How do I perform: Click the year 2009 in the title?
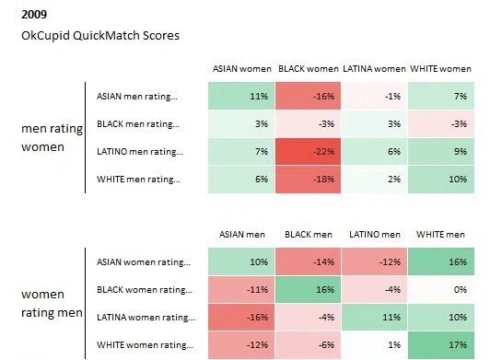click(x=34, y=15)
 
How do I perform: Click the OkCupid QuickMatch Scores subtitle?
click(x=100, y=36)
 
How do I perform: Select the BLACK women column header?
click(x=308, y=69)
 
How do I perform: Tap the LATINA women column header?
click(x=374, y=69)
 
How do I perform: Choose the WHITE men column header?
click(x=440, y=235)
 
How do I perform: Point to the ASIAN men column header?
click(x=242, y=235)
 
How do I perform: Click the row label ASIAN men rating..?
click(x=136, y=97)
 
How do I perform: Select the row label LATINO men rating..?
click(x=140, y=151)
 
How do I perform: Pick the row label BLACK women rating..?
click(x=145, y=290)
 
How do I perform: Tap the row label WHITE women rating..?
click(x=145, y=345)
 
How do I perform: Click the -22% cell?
click(x=308, y=151)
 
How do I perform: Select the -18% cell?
click(x=308, y=180)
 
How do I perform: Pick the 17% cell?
click(x=441, y=345)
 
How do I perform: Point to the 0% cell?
click(x=441, y=290)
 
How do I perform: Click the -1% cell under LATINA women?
click(x=374, y=96)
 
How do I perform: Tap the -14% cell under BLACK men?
click(x=308, y=261)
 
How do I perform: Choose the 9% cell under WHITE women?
click(x=441, y=151)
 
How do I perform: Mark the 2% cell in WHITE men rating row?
click(x=374, y=180)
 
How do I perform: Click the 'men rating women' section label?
click(x=52, y=138)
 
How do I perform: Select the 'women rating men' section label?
click(x=52, y=303)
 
